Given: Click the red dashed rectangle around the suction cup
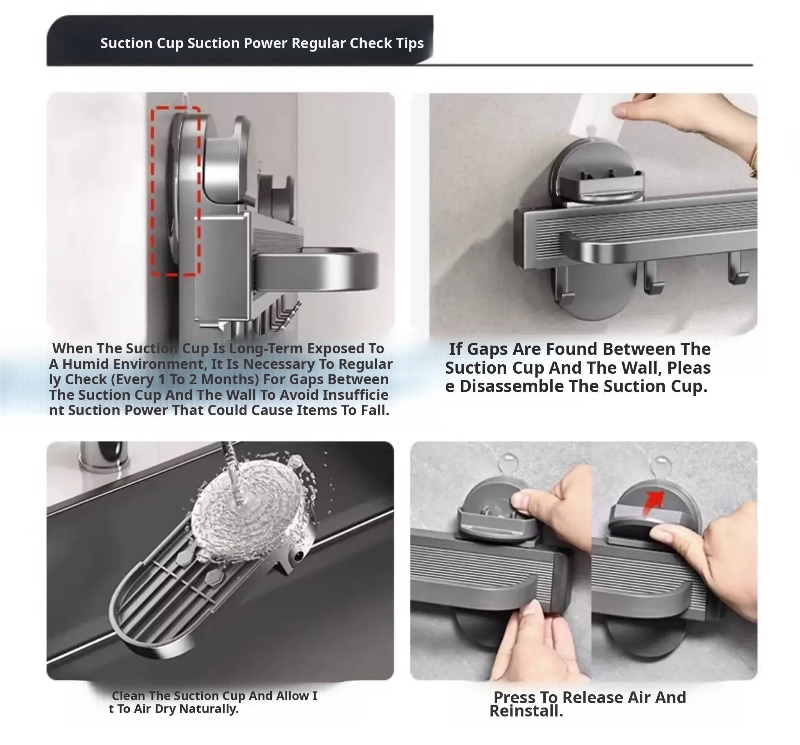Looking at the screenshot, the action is pyautogui.click(x=152, y=191).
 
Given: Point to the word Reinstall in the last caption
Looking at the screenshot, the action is pyautogui.click(x=526, y=711).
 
